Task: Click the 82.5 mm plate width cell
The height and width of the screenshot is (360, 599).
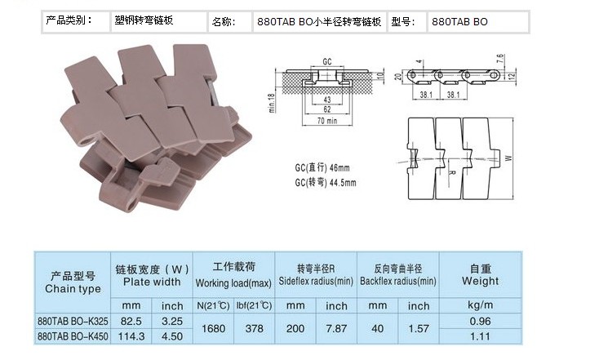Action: click(131, 321)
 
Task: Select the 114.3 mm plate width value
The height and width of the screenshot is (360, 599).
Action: click(132, 336)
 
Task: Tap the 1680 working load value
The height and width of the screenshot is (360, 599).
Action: click(213, 329)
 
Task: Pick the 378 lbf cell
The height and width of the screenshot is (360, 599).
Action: click(254, 329)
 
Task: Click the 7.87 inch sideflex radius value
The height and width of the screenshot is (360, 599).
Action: click(336, 329)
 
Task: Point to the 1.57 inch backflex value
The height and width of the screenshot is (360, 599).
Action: click(419, 329)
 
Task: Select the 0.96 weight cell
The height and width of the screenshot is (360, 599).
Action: click(480, 321)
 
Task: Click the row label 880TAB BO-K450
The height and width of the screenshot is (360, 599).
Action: click(73, 336)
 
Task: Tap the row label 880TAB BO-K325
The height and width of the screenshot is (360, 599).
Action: click(73, 321)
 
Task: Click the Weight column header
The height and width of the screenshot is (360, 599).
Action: click(480, 281)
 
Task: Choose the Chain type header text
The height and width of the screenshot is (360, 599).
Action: click(73, 288)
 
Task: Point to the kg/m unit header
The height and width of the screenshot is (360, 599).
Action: click(480, 305)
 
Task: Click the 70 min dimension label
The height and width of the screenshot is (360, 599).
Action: click(326, 121)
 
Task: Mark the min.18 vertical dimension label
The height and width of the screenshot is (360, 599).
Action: click(272, 103)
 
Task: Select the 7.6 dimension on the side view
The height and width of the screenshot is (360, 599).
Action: click(501, 60)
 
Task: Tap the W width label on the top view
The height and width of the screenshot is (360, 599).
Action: click(508, 158)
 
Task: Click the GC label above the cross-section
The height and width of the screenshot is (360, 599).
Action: click(327, 61)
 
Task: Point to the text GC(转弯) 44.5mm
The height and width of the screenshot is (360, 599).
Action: click(326, 183)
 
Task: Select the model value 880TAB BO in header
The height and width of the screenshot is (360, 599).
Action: click(459, 22)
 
